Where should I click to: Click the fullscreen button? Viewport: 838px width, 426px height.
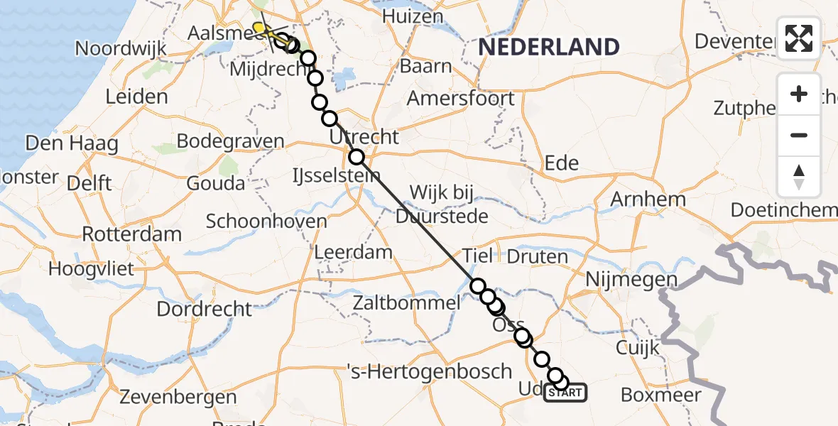[799, 38]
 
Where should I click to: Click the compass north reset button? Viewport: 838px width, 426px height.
[799, 175]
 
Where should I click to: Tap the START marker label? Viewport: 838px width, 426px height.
[566, 393]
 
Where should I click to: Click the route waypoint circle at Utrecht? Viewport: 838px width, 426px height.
[357, 157]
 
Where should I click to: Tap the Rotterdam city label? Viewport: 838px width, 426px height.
[132, 234]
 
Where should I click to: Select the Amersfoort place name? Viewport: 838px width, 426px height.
[460, 98]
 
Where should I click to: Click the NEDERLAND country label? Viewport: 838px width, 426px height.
[548, 47]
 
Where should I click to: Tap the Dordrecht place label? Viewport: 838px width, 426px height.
[205, 309]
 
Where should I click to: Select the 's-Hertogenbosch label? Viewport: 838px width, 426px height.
[430, 371]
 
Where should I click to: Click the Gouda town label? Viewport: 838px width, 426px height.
[216, 183]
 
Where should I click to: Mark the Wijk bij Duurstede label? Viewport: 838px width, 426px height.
[442, 204]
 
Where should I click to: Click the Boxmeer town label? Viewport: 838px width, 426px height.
[660, 395]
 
